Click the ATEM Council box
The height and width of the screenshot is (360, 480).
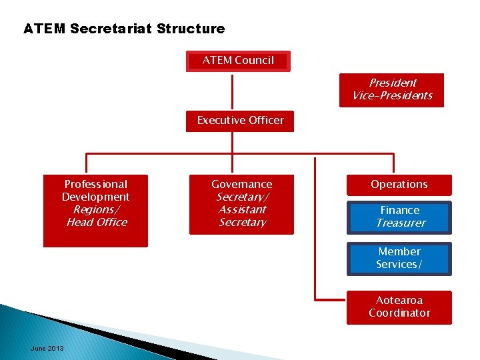coord(238,61)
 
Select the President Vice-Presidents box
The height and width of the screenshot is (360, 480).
coord(392,89)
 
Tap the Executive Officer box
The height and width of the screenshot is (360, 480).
coord(240,121)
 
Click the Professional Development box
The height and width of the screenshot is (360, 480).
coord(95,211)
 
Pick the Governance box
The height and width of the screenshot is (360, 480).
coord(241,204)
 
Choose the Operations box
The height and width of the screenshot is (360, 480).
coord(399,185)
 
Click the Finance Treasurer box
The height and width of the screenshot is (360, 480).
coord(399,217)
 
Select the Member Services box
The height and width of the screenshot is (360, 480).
coord(399,259)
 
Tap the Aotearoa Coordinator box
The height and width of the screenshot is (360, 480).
coord(399,307)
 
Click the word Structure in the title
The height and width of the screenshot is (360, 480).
coord(193,29)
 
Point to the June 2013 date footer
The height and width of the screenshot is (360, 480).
coord(47,349)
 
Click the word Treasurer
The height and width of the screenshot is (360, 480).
coord(400,223)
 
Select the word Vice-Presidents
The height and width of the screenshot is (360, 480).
coord(392,96)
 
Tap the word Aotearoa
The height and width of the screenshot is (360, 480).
coord(399,301)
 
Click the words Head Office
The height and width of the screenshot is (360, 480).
coord(96,223)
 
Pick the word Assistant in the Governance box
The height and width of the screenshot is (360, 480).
coord(242,210)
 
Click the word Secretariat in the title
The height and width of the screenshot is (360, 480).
coord(111,29)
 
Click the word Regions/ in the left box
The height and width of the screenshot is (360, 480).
coord(96,210)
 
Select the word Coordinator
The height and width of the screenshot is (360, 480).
coord(399,313)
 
